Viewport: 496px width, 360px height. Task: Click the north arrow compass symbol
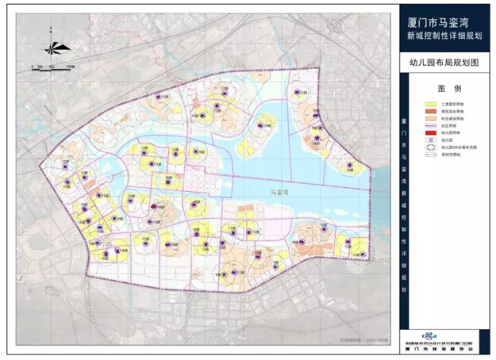click(x=49, y=46)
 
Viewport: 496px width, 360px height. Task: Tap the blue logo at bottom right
click(x=433, y=337)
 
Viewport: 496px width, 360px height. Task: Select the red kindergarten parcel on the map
click(x=153, y=205)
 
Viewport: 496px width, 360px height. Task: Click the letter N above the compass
click(x=49, y=29)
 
